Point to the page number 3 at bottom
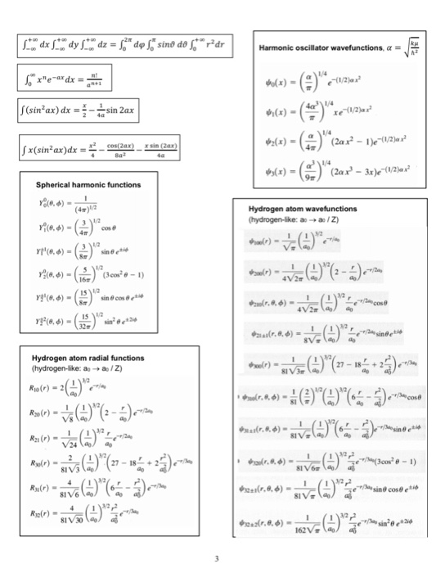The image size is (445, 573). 217,559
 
